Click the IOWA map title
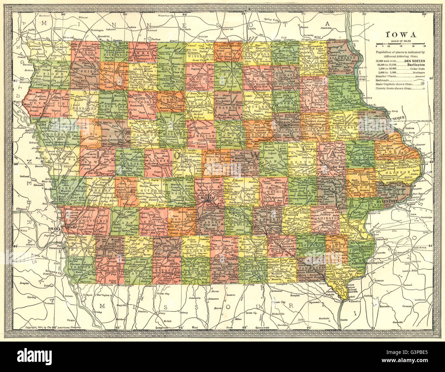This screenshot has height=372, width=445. pyautogui.click(x=401, y=35)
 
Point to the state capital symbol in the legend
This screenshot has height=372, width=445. pyautogui.click(x=423, y=83)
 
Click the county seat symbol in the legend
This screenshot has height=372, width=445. pyautogui.click(x=424, y=89)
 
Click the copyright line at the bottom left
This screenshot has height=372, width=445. pyautogui.click(x=53, y=328)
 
